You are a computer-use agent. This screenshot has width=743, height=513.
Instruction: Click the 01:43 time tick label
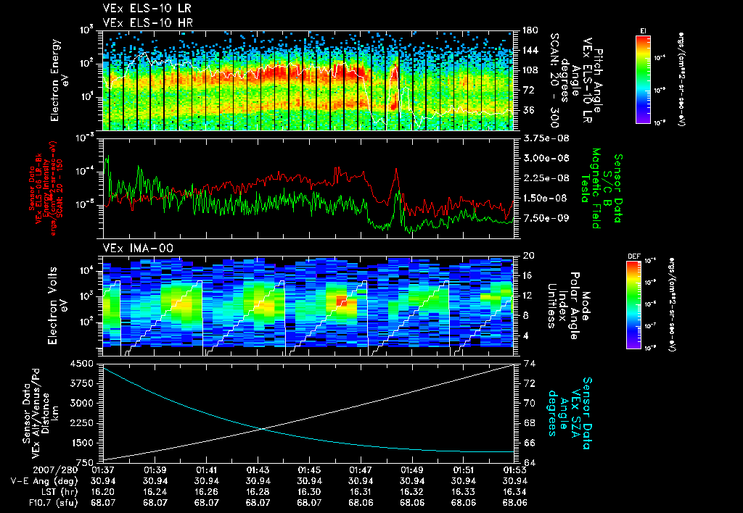tap(258, 470)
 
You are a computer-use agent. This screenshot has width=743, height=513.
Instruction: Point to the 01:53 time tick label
tap(514, 470)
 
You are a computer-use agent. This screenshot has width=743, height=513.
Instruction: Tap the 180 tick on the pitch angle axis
tap(528, 30)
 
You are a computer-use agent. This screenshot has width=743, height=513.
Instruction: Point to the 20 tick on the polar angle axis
tap(527, 256)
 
